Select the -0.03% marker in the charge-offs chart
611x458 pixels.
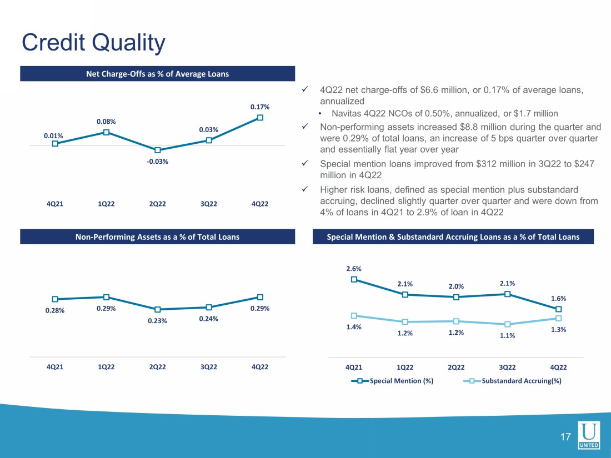coord(158,150)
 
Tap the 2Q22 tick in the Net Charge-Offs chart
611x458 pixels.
coord(158,204)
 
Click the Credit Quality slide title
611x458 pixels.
coord(93,43)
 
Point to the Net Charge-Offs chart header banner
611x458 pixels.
coord(157,74)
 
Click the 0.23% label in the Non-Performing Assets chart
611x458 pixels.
coord(157,321)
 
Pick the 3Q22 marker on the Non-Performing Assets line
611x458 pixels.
coord(209,308)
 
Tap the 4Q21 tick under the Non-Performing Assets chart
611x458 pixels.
coord(55,367)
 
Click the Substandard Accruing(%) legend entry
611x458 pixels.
coord(513,381)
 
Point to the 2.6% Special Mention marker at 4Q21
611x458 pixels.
coord(354,279)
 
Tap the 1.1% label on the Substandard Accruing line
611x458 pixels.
coord(507,335)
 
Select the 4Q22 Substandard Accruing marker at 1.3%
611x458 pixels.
coord(558,318)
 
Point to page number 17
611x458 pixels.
coord(565,437)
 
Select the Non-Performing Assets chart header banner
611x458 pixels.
coord(157,237)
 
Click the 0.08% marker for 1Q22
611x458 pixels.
coord(106,132)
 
